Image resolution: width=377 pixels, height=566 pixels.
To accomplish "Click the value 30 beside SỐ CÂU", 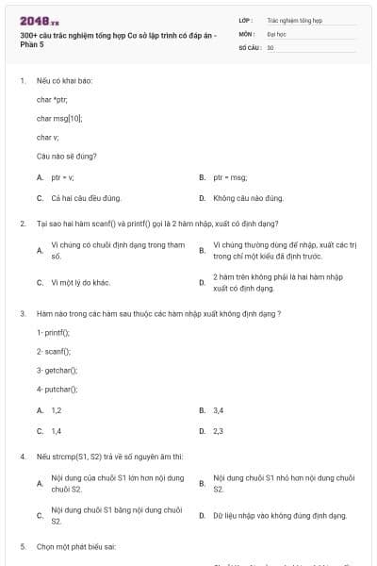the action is [270, 47].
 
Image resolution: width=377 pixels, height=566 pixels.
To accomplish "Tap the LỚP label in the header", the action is [245, 19].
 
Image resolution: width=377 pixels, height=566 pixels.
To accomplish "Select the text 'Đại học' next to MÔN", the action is [275, 33].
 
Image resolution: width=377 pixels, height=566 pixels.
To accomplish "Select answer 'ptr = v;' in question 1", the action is [62, 176].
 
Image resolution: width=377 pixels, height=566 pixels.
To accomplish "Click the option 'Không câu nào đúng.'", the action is [248, 198].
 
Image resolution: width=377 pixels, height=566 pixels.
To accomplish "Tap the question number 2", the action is [23, 224].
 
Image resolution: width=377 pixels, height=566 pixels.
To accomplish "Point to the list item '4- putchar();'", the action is [57, 389].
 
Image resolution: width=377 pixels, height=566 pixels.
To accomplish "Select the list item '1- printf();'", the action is [53, 332].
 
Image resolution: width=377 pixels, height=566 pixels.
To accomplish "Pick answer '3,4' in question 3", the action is [219, 410].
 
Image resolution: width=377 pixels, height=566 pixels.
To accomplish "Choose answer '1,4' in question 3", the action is [56, 430].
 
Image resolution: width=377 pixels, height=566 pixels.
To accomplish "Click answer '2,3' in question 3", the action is [219, 430].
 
